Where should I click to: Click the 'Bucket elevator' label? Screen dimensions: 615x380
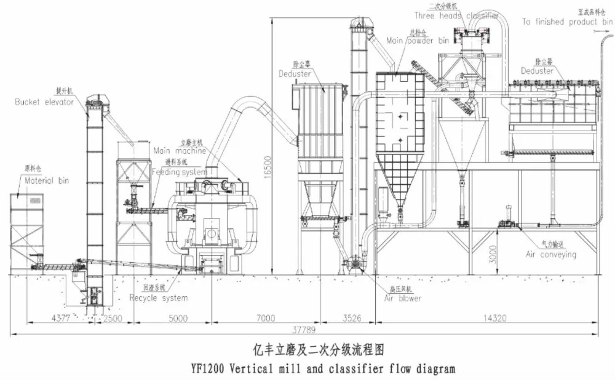pos(44,102)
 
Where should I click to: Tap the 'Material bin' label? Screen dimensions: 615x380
pos(47,180)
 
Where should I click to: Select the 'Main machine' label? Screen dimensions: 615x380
pos(180,150)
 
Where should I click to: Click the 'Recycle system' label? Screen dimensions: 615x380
pos(159,298)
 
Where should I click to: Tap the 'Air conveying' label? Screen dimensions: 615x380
pos(551,254)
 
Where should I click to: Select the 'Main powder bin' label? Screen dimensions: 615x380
pos(418,40)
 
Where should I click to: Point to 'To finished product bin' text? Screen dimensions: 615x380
pos(559,22)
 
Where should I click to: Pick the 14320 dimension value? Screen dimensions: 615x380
pos(490,318)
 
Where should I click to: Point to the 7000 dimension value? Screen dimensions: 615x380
pos(266,318)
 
